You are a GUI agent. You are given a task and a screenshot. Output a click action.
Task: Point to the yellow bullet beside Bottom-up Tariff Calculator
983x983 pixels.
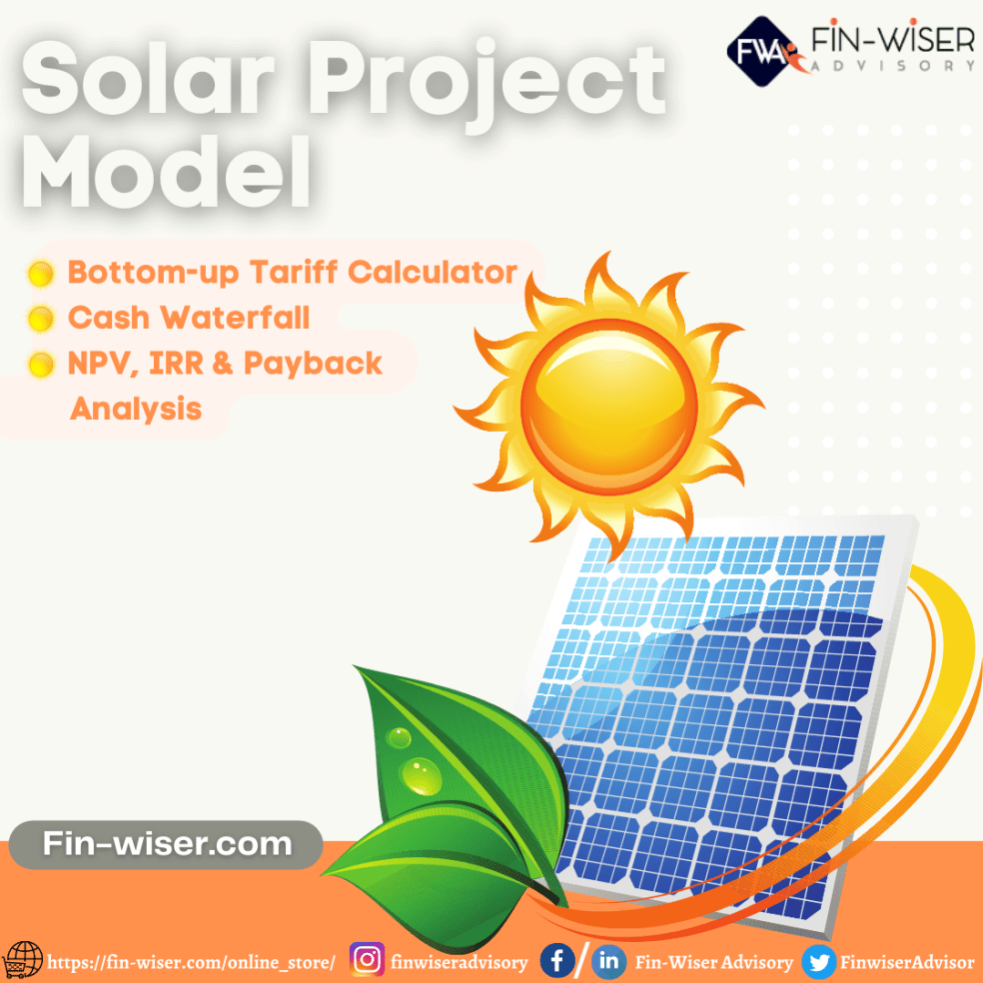pos(40,273)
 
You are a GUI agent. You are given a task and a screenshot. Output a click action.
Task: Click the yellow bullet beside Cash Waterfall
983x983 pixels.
pos(40,320)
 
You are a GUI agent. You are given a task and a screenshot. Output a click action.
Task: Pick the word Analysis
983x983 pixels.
pos(136,409)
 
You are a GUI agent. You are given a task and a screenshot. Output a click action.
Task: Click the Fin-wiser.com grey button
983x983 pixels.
pos(167,844)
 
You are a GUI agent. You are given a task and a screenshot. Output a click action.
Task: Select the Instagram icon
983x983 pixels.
pos(369,961)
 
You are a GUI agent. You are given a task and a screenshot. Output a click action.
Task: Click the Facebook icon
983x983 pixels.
pos(556,962)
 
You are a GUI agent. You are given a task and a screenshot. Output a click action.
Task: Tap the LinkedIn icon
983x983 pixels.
pos(608,962)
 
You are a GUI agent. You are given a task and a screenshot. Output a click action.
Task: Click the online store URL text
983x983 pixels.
pos(192,963)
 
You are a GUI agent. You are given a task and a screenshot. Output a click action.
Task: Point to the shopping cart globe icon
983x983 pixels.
pos(24,961)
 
